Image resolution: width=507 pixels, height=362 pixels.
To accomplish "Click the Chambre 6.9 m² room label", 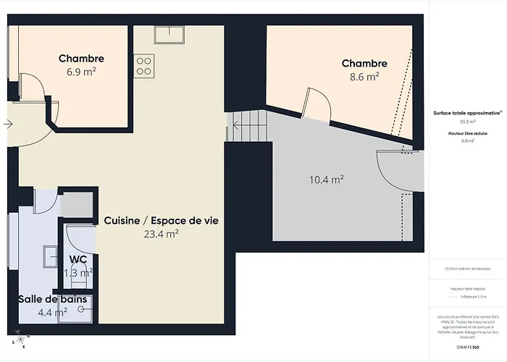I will (81, 59).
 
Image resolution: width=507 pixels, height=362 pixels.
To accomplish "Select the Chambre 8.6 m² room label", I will (364, 64).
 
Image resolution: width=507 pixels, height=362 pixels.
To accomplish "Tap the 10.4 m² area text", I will (327, 180).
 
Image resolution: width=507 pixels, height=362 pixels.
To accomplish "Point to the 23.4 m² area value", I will (162, 233).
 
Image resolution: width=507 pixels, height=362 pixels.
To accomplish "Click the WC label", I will (78, 259).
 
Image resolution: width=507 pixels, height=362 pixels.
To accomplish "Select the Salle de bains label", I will (53, 299).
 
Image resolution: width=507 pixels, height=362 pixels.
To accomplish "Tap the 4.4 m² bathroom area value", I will (53, 312).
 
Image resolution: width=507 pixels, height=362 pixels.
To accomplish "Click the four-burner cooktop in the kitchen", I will (143, 65).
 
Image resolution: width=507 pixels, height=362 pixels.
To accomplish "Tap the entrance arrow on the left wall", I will (7, 124).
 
